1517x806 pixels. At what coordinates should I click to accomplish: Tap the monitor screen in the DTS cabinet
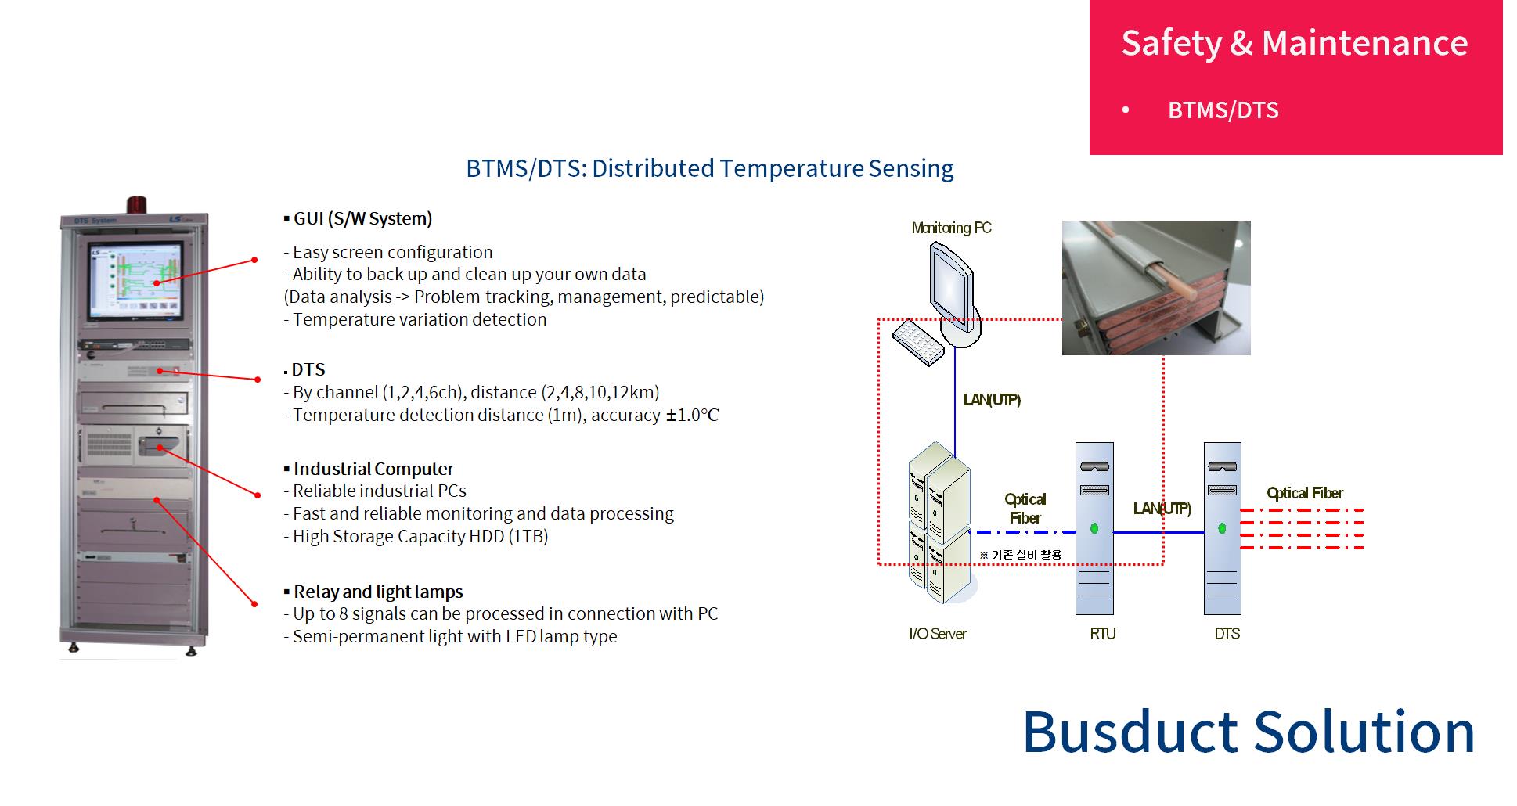click(135, 280)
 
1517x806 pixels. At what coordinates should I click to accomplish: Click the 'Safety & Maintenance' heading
click(1295, 42)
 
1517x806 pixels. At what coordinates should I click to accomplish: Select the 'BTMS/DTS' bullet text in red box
click(1223, 110)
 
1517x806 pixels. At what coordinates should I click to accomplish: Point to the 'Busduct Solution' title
click(1249, 732)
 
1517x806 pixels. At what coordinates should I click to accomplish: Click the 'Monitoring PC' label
click(951, 228)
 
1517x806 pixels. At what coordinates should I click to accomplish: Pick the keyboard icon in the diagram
click(918, 342)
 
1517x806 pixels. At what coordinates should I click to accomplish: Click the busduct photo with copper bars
click(1156, 288)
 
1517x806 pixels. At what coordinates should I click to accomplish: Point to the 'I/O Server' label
click(938, 634)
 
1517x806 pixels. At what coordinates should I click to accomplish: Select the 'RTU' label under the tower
click(1102, 634)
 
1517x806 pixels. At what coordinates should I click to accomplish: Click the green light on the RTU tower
click(1094, 529)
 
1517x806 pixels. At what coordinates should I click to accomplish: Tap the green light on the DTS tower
click(1222, 529)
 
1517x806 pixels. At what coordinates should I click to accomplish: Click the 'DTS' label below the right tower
click(1227, 634)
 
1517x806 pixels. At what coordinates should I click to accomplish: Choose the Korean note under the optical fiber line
click(1021, 555)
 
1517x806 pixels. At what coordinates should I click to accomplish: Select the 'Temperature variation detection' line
click(415, 319)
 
